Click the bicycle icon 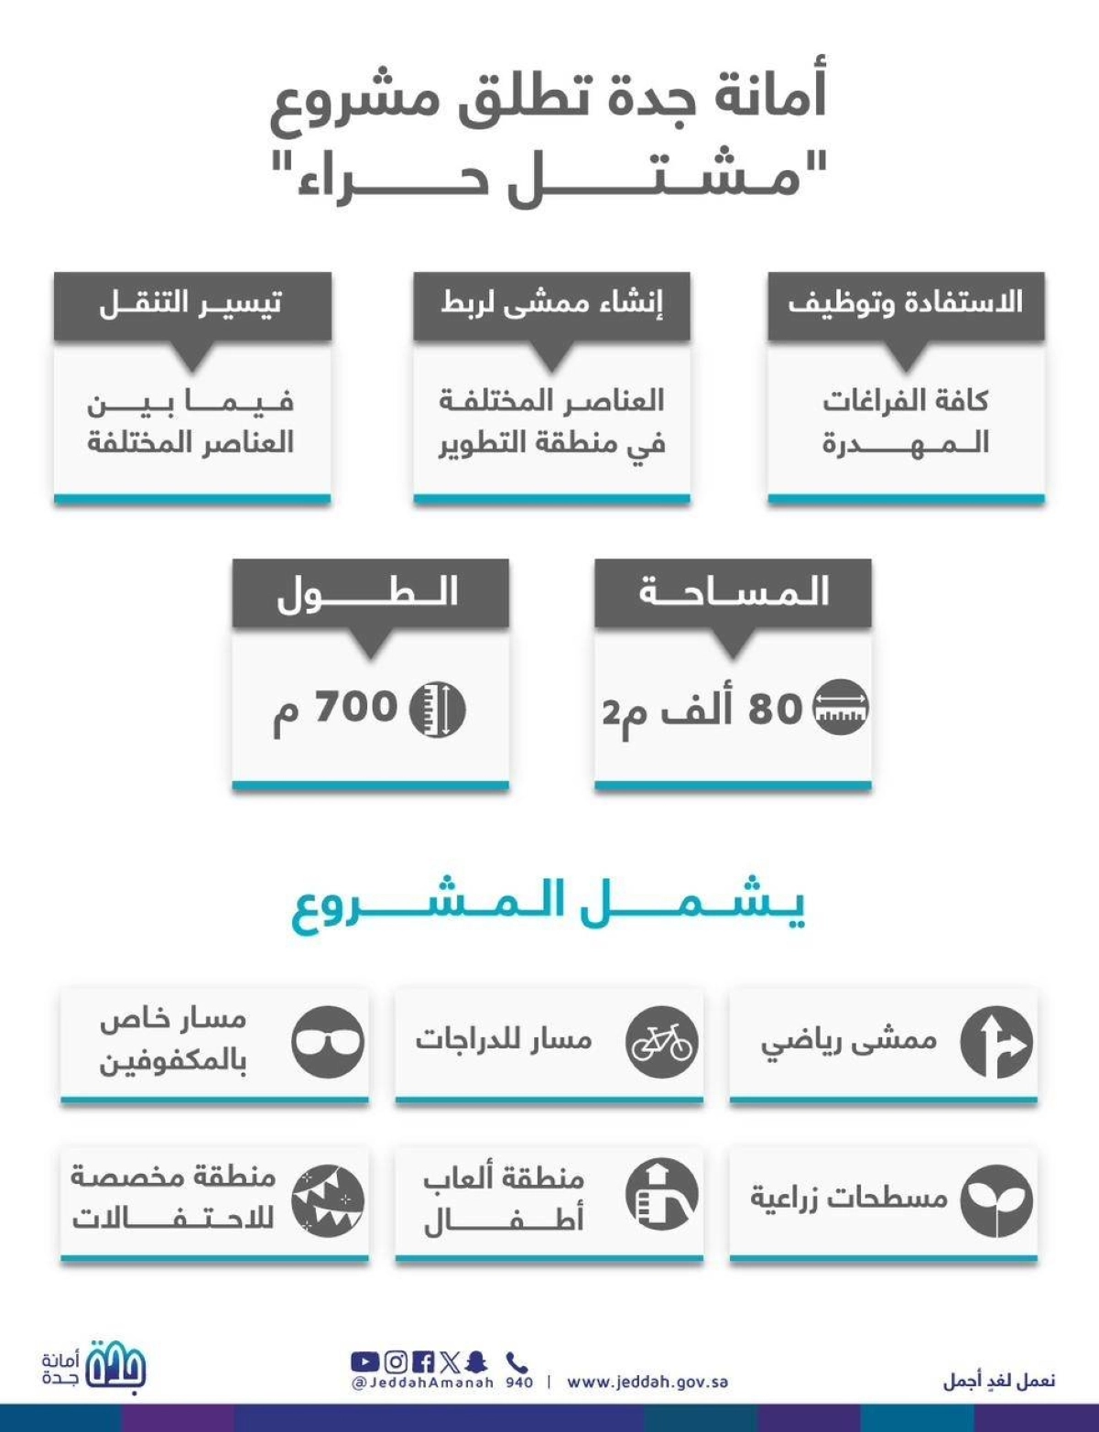coord(661,1042)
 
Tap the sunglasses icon coord(328,1042)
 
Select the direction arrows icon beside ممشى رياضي coord(996,1042)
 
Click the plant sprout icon coord(996,1199)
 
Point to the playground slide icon coord(661,1194)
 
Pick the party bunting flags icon coord(328,1199)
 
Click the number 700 coord(356,707)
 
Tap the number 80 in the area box coord(775,709)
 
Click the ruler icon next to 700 coord(437,710)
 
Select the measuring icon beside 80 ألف coord(841,708)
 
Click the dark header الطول coord(370,593)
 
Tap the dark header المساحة coord(733,592)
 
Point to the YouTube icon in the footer coord(365,1362)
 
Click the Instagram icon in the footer coord(396,1362)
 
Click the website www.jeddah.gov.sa coord(647,1383)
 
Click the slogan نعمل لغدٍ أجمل coord(999,1380)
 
